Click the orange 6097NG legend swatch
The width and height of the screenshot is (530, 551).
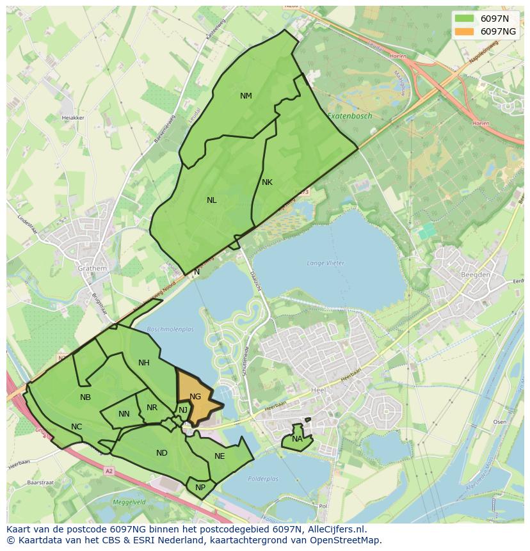point(465,31)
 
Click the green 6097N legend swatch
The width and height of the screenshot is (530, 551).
point(465,19)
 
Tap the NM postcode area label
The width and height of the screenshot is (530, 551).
point(246,96)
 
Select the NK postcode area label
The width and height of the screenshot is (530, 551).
point(267,182)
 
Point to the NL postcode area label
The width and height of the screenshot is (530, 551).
point(211,200)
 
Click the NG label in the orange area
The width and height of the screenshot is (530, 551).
point(195,397)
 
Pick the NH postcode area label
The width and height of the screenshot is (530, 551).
point(143,363)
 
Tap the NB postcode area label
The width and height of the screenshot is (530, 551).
point(85,397)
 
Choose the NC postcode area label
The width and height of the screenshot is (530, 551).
point(76,427)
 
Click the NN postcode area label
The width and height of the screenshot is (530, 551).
point(124,414)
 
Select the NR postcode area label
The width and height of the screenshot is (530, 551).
point(152,408)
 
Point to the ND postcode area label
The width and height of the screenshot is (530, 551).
point(161,453)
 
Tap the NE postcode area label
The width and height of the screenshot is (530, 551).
point(220,456)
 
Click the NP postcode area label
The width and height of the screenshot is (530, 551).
point(200,487)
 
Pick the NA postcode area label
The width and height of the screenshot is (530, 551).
point(297,439)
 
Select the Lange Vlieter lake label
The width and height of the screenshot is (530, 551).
point(325,263)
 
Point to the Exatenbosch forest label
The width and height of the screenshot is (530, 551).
point(349,116)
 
